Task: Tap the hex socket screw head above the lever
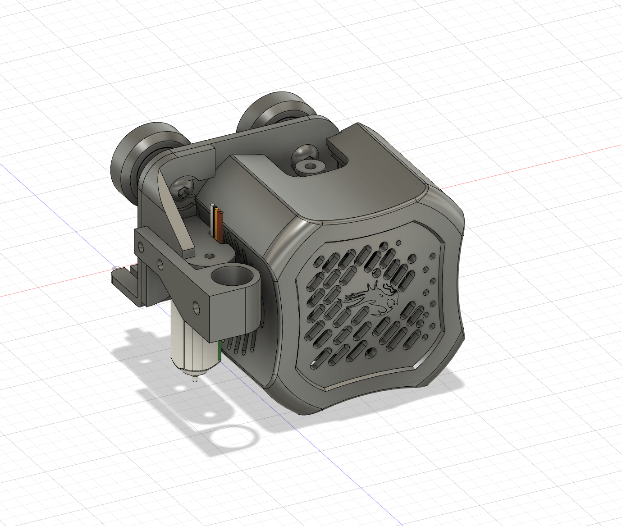pos(184,192)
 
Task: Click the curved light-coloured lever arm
pos(176,212)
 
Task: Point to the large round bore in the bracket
pos(230,276)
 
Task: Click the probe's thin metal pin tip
pos(194,380)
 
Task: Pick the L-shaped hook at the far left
pos(124,279)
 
